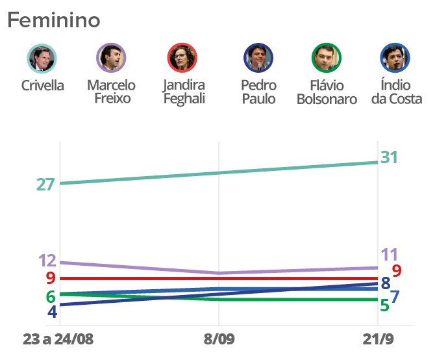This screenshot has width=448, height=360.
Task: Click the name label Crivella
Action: [x=42, y=86]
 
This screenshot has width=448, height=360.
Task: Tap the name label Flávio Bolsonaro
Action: [x=327, y=92]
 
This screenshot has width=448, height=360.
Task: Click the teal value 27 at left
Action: [x=45, y=185]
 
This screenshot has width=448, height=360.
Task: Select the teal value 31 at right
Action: [x=389, y=157]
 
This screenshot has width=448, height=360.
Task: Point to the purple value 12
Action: [x=47, y=261]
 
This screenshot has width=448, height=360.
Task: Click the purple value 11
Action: [x=389, y=254]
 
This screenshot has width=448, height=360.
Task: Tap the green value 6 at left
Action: [x=50, y=296]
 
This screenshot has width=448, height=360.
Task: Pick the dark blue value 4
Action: [x=52, y=312]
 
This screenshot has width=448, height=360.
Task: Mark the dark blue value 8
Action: [x=385, y=283]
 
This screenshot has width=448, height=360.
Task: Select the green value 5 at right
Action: [x=384, y=304]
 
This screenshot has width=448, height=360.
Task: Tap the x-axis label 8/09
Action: [x=218, y=341]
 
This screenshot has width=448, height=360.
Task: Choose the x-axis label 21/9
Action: [x=379, y=341]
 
